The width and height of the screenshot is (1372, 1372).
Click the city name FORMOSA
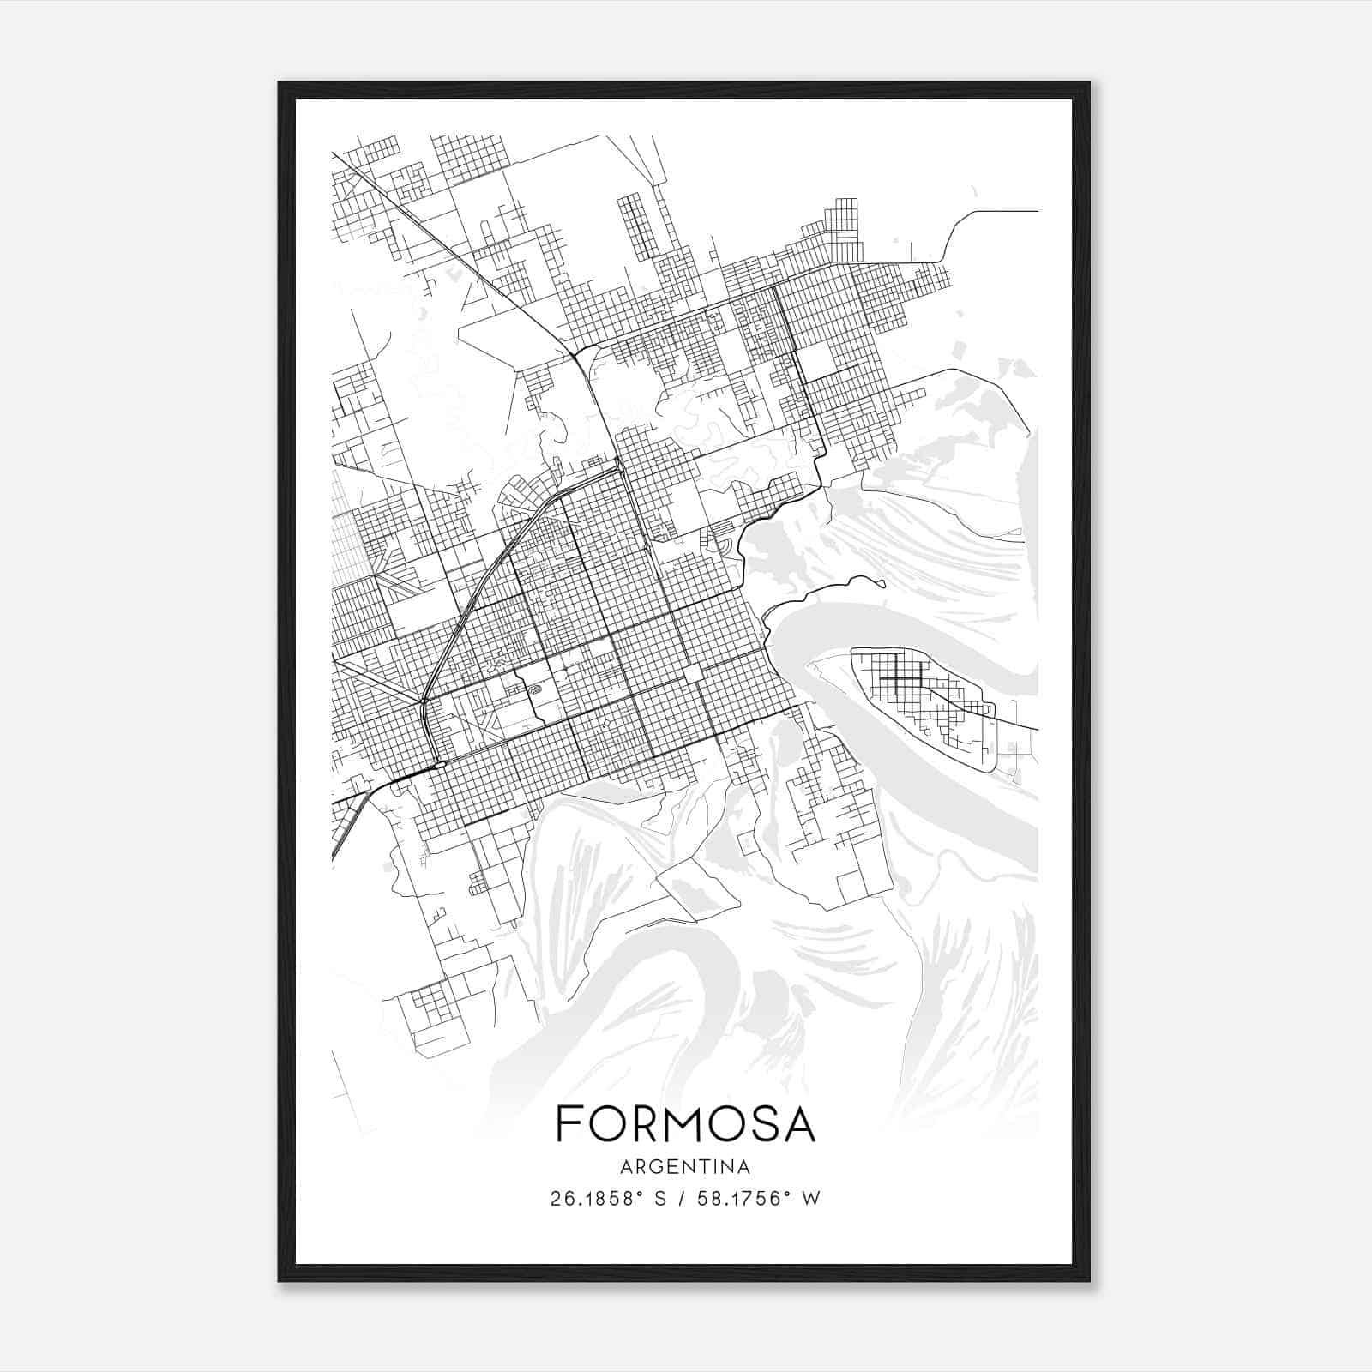[685, 1123]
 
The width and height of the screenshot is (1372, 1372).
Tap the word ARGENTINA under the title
[685, 1167]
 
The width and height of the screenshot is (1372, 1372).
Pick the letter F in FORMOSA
[568, 1123]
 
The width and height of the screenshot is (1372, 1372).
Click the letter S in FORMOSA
[760, 1123]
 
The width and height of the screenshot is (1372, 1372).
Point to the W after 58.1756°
[811, 1199]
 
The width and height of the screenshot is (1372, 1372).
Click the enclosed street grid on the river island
[922, 695]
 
